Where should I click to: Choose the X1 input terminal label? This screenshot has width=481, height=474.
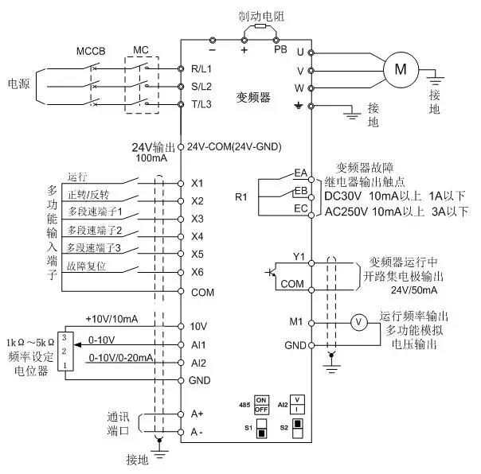[x=198, y=183]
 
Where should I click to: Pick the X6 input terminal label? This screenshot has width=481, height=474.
[x=198, y=273]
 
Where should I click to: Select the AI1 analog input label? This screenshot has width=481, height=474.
[x=199, y=344]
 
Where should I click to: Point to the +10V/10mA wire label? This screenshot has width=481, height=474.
[x=111, y=319]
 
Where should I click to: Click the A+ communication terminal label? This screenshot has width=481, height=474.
[x=198, y=414]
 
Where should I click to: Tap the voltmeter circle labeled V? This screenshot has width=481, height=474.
[x=358, y=321]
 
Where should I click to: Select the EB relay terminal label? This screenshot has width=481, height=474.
[x=300, y=192]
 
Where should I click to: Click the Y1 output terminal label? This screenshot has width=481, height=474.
[x=299, y=256]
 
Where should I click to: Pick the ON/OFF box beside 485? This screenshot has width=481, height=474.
[x=260, y=402]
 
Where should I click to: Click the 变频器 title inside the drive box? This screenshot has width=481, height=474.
[x=254, y=96]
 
